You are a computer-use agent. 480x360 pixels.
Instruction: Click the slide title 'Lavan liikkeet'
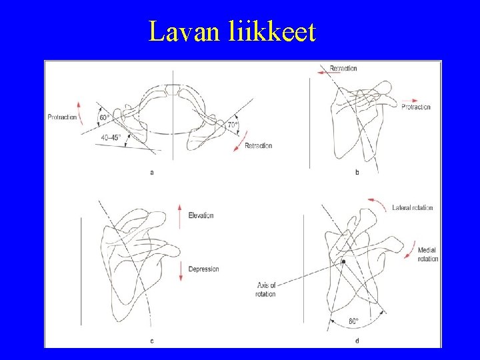232,31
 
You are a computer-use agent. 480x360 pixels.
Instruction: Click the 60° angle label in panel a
104,118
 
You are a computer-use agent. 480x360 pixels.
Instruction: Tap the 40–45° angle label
111,138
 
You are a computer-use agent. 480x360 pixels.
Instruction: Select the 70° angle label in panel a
232,125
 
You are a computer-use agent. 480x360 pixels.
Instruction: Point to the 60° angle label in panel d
353,321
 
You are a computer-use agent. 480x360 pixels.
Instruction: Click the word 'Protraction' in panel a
62,118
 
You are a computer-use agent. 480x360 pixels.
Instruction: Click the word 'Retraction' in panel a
258,145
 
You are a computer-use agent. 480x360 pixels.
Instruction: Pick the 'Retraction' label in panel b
343,68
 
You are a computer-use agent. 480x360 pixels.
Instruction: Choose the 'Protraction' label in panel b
416,107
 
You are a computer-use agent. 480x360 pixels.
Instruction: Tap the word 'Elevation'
201,215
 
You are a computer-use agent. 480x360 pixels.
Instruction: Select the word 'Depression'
203,269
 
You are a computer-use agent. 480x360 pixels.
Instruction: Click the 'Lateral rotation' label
413,207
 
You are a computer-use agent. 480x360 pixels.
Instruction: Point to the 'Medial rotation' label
427,254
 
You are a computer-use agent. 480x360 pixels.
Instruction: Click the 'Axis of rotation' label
265,290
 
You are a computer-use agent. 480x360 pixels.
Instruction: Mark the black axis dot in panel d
343,263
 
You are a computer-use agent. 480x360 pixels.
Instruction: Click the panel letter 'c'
152,341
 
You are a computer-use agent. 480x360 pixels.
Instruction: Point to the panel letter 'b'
357,173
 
